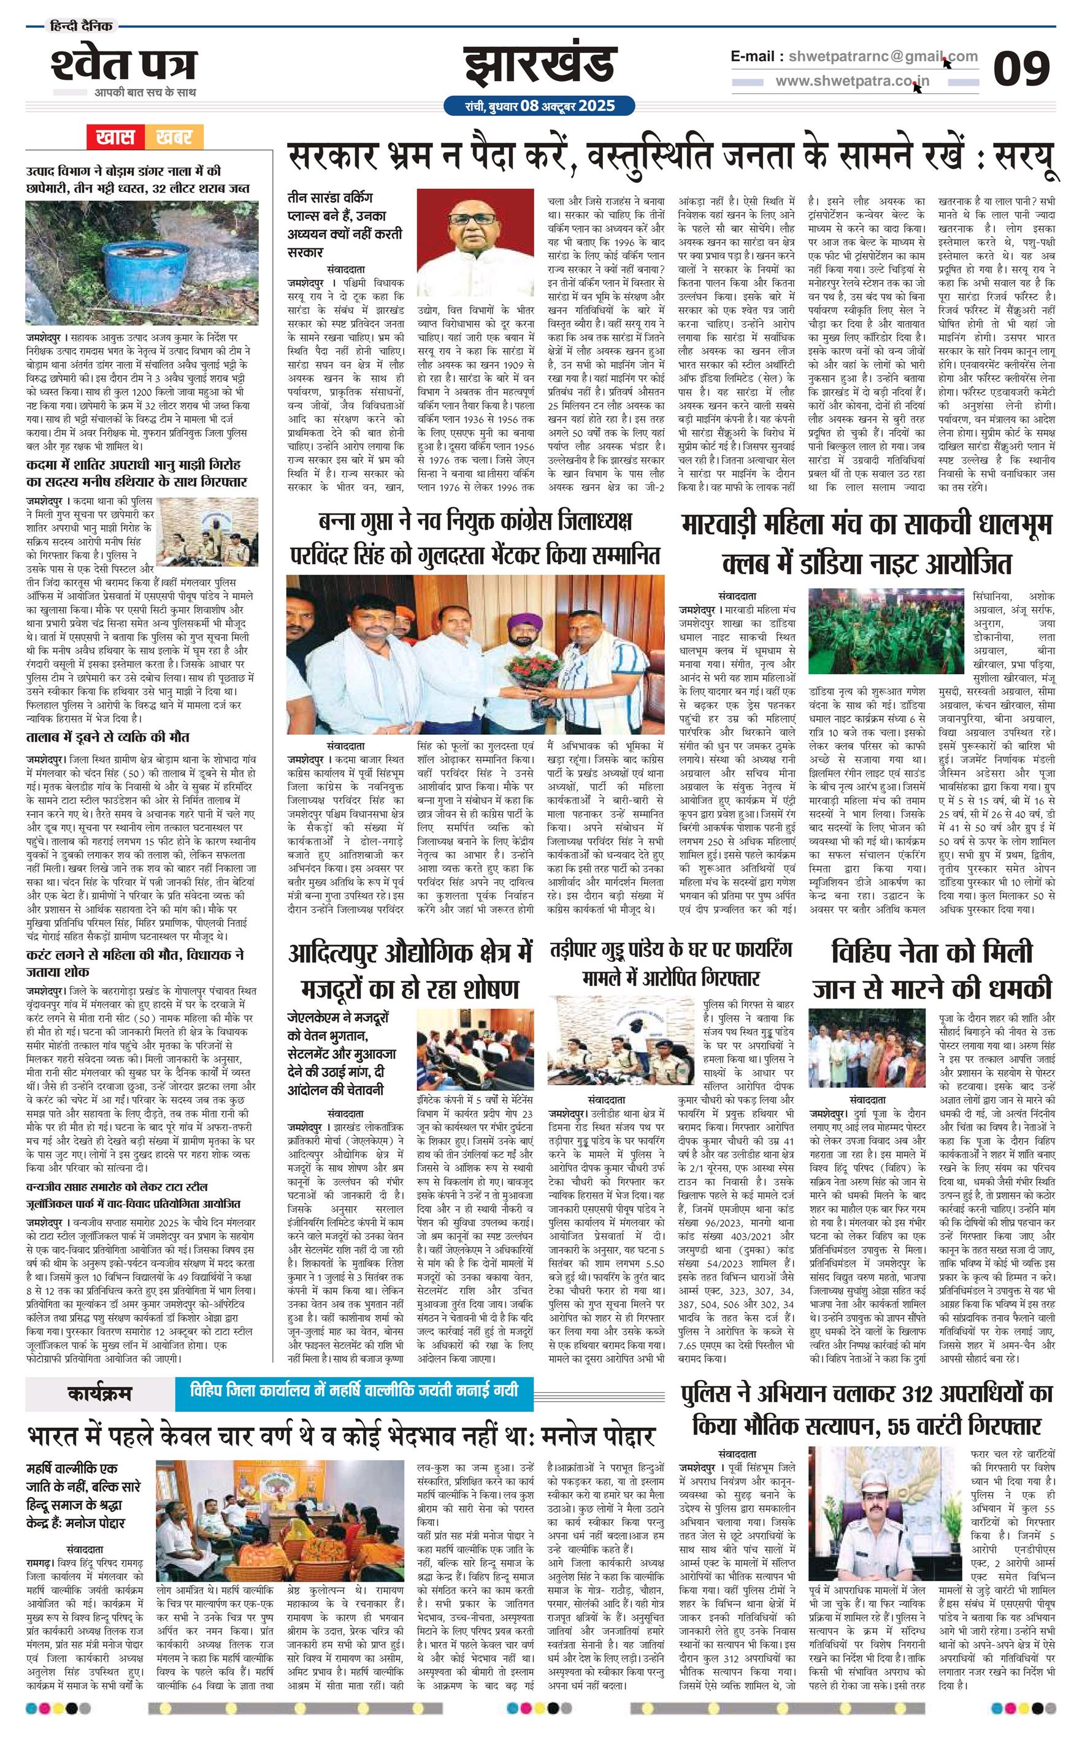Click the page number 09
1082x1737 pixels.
pos(1021,69)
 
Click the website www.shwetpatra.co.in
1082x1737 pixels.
pos(853,82)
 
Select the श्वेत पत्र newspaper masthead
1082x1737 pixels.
pos(123,65)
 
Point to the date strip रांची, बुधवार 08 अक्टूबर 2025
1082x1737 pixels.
pos(540,106)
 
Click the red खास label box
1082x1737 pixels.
pos(116,136)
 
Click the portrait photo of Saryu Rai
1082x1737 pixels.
pos(475,242)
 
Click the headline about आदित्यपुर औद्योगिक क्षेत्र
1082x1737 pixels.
pos(411,971)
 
